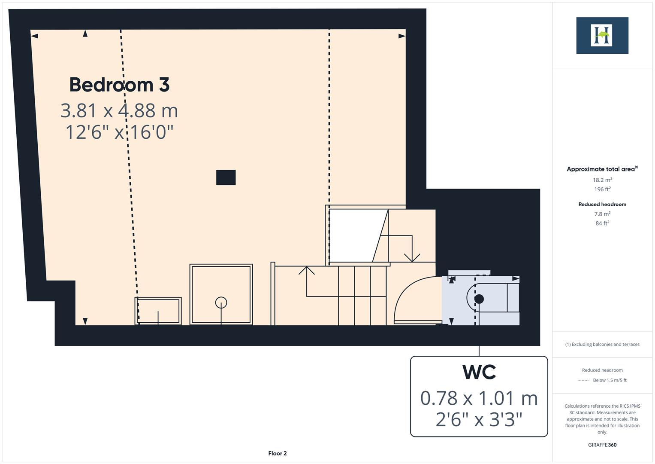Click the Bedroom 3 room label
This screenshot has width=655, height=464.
(119, 85)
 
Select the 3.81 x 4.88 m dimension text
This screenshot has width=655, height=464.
(119, 110)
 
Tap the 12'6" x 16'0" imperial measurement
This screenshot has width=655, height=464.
(119, 132)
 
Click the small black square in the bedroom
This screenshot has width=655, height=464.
(226, 177)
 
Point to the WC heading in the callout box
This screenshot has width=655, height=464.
(479, 372)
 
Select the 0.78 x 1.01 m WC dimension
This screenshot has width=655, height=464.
(479, 398)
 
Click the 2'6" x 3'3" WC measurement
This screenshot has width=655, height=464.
(479, 419)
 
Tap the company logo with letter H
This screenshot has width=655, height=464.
(602, 35)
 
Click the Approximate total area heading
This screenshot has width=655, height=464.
(602, 169)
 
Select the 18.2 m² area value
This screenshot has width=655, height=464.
(602, 180)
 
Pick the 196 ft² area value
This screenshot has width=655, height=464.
(602, 189)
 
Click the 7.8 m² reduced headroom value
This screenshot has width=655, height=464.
(602, 214)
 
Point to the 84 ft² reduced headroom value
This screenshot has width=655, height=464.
(602, 223)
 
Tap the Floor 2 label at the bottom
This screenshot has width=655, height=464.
(278, 453)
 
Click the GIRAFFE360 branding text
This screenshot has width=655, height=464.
(602, 445)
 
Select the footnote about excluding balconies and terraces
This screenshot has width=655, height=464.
(602, 344)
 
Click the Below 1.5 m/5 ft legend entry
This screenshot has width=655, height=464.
(609, 380)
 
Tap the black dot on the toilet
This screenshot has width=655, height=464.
(479, 299)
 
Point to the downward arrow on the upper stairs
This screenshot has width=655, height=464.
(412, 257)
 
